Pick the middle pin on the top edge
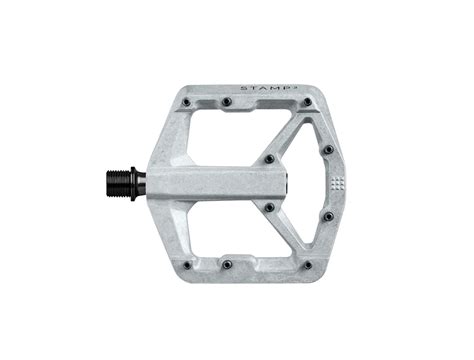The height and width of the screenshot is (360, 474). [227, 102]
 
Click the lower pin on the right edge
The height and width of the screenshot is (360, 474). [328, 216]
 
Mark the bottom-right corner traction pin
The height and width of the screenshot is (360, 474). [307, 265]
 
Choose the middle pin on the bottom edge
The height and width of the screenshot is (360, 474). [227, 265]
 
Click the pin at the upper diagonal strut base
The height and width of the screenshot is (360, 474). [268, 159]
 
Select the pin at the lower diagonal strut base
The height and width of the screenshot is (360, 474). [268, 208]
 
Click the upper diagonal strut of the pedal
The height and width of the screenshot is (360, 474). [286, 135]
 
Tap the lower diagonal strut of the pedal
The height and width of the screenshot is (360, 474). [286, 232]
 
